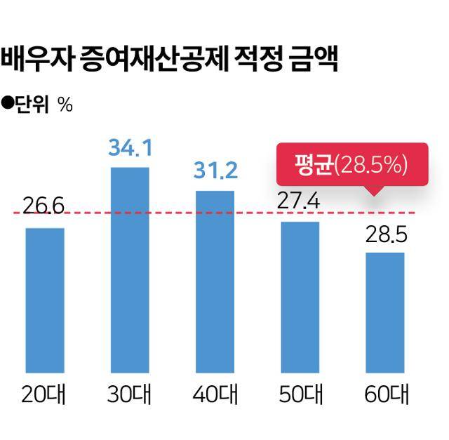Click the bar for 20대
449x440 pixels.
pos(45,300)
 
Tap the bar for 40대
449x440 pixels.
pos(215,281)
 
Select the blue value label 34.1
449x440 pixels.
pos(130,149)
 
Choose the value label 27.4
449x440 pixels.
pos(300,201)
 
